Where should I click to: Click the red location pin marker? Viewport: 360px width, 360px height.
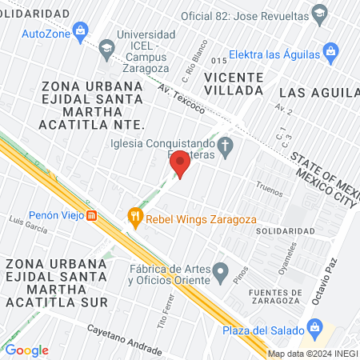coord(180,164)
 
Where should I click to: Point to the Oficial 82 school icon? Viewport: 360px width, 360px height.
coord(320,14)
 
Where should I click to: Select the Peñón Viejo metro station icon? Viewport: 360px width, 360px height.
coord(92,215)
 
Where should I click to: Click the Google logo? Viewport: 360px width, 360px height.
coord(26,350)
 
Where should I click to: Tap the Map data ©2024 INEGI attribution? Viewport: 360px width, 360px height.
coord(312,353)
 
